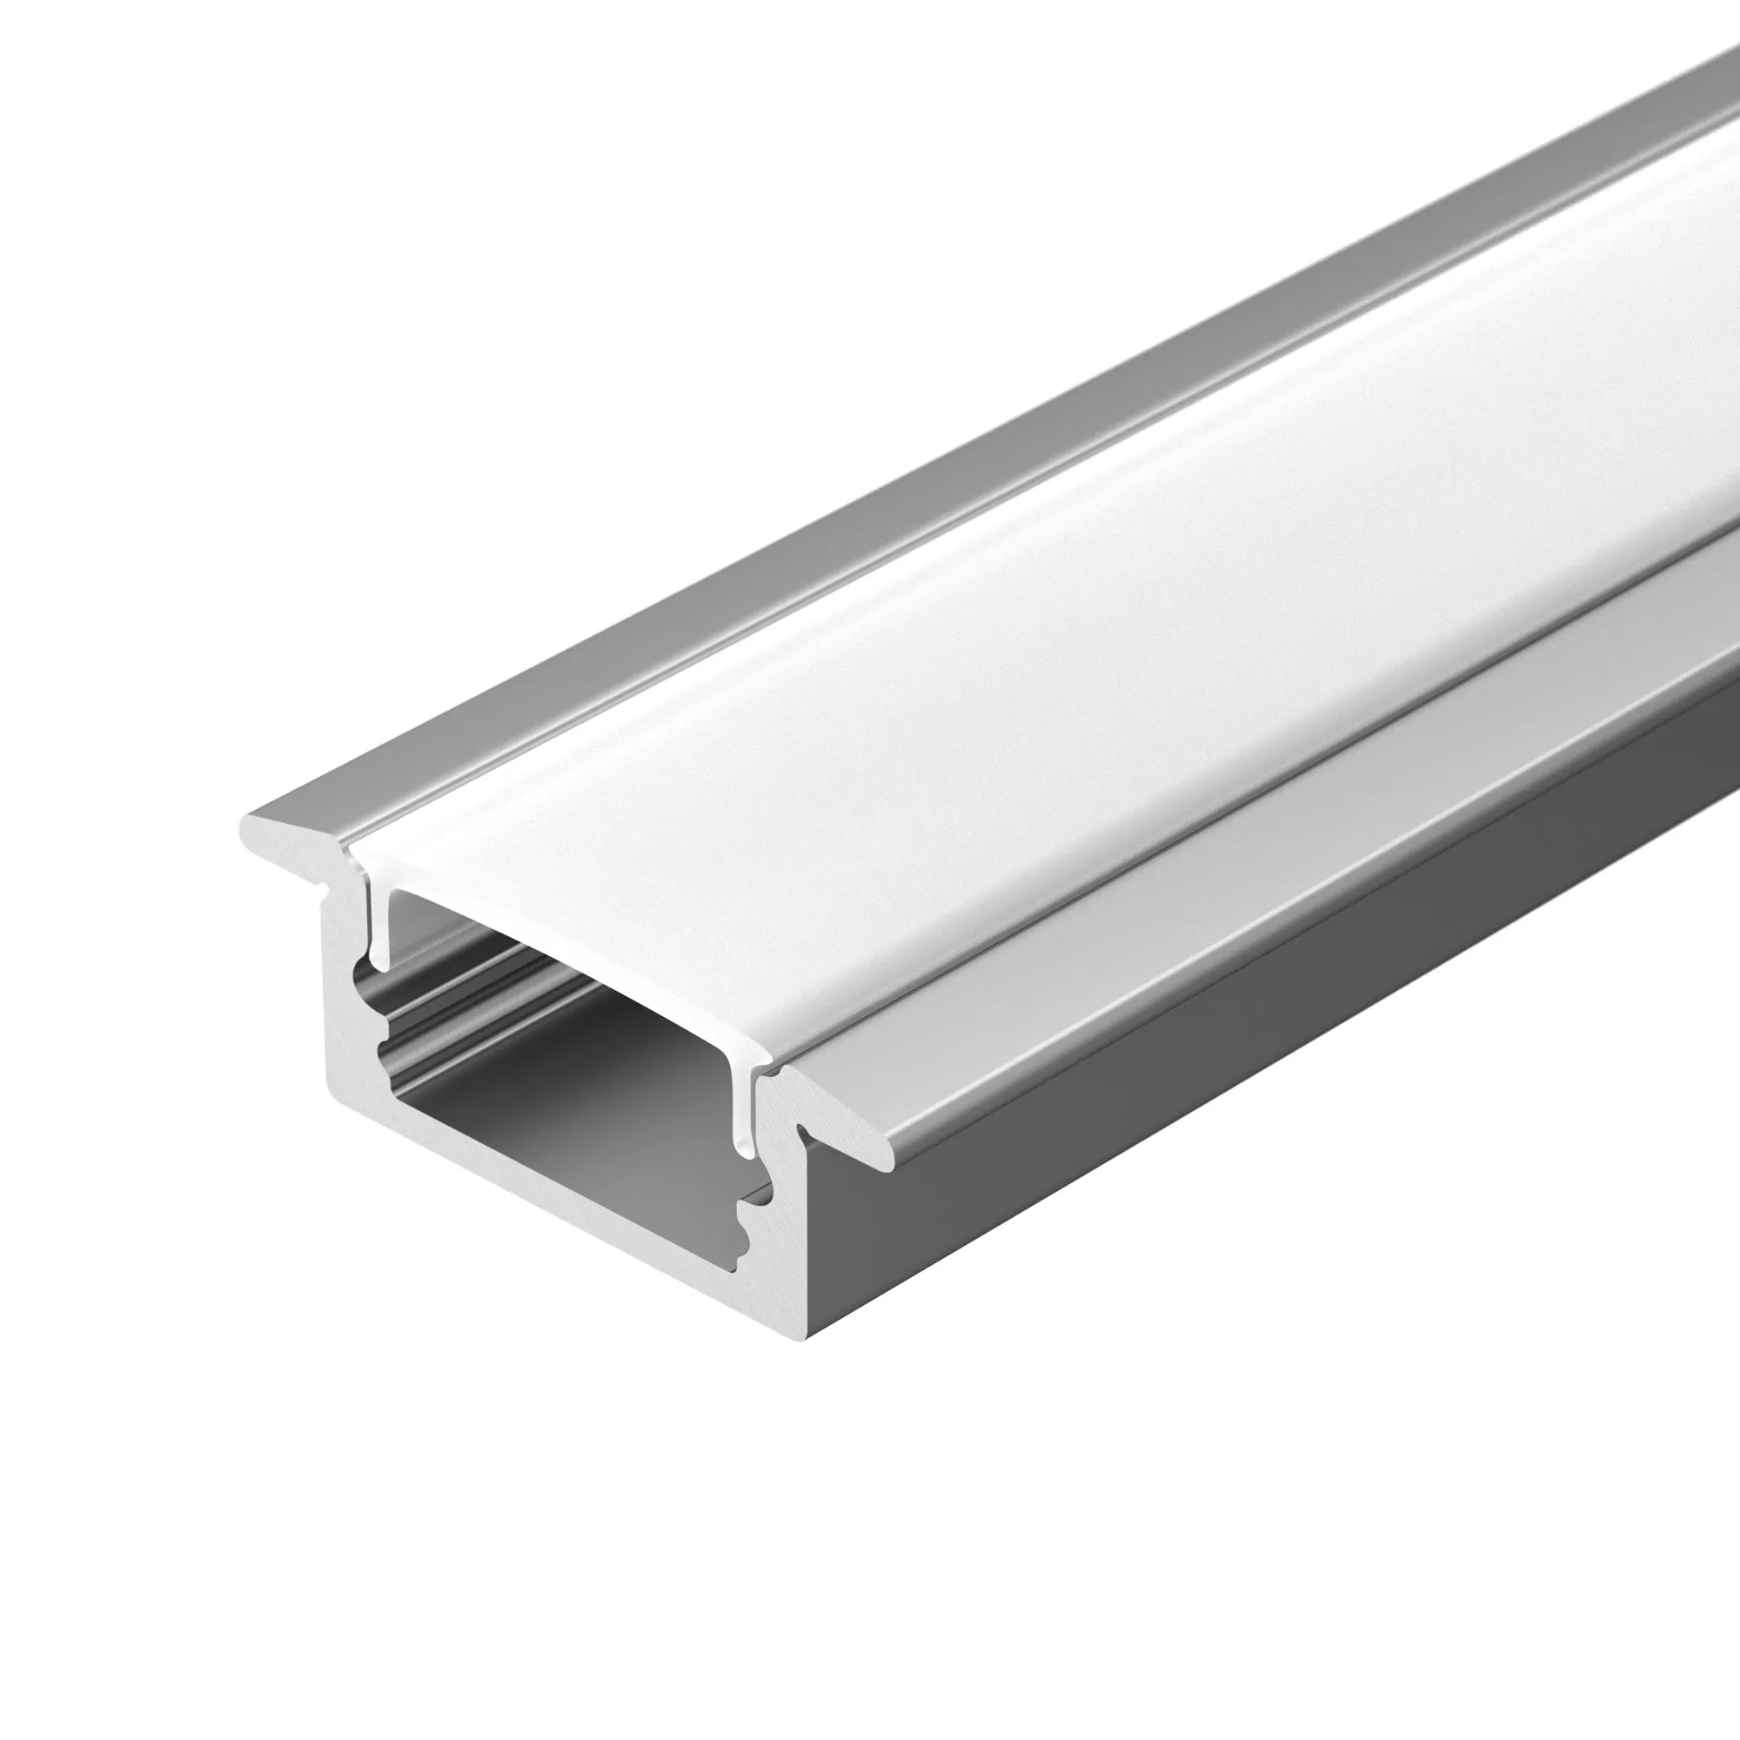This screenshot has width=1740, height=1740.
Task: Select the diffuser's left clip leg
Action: (380, 927)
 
